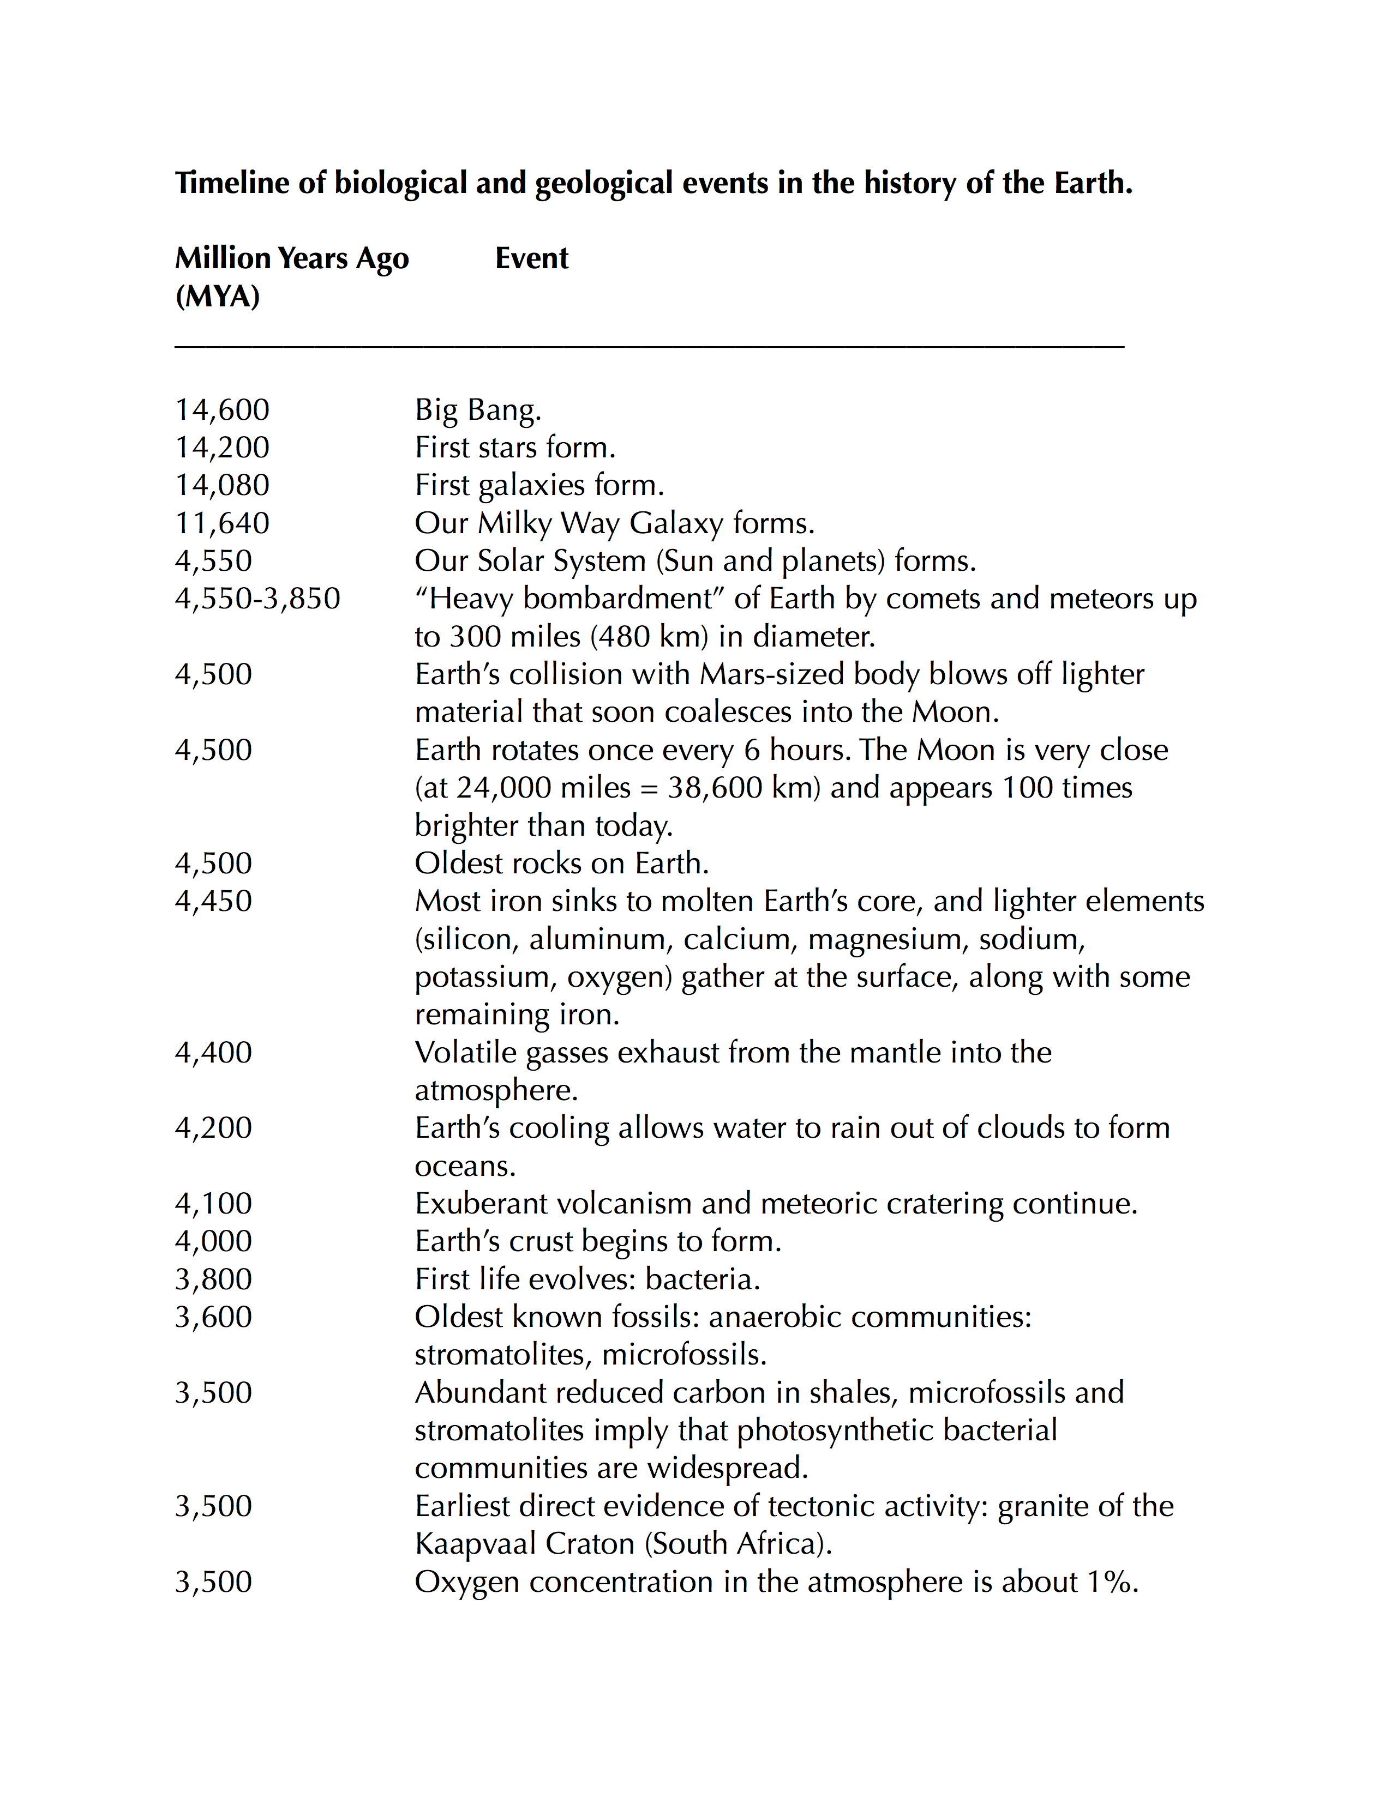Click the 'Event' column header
(x=531, y=258)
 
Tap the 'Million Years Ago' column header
(x=292, y=258)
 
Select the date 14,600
(x=223, y=409)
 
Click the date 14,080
(x=223, y=485)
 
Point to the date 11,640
(x=223, y=523)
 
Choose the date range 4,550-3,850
(x=257, y=599)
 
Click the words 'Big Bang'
(x=477, y=409)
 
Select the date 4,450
(x=213, y=901)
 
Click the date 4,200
(x=213, y=1128)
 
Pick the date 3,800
(x=213, y=1279)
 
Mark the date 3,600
(x=213, y=1317)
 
